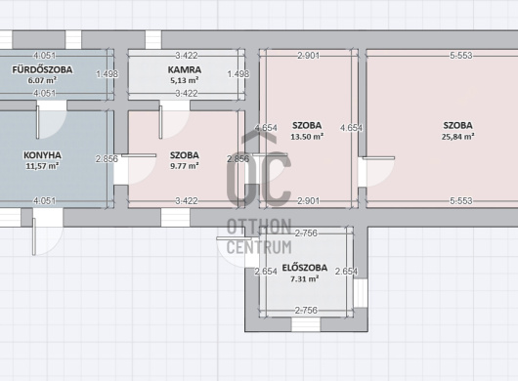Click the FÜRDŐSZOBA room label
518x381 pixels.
pos(42,69)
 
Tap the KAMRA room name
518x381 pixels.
pos(185,69)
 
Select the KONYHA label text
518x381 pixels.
pos(42,155)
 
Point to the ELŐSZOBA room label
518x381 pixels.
pos(305,268)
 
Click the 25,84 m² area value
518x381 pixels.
pos(457,137)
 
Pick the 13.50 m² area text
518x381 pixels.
pos(307,137)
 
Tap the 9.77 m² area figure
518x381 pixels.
pos(185,166)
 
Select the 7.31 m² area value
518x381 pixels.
pos(305,279)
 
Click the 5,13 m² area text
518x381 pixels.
pos(185,80)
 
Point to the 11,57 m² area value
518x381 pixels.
pos(42,166)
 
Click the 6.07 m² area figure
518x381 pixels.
pos(42,80)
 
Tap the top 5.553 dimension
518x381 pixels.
pos(461,56)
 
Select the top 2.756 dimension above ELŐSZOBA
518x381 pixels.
pos(306,233)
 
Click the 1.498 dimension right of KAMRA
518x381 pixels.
pos(238,74)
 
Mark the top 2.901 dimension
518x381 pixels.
pos(308,56)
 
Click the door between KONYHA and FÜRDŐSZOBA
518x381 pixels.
pos(51,120)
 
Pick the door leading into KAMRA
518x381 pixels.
pos(174,120)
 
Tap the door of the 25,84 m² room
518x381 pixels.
pos(376,172)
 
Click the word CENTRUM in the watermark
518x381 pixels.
pos(259,247)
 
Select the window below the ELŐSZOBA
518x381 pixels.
pos(306,324)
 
